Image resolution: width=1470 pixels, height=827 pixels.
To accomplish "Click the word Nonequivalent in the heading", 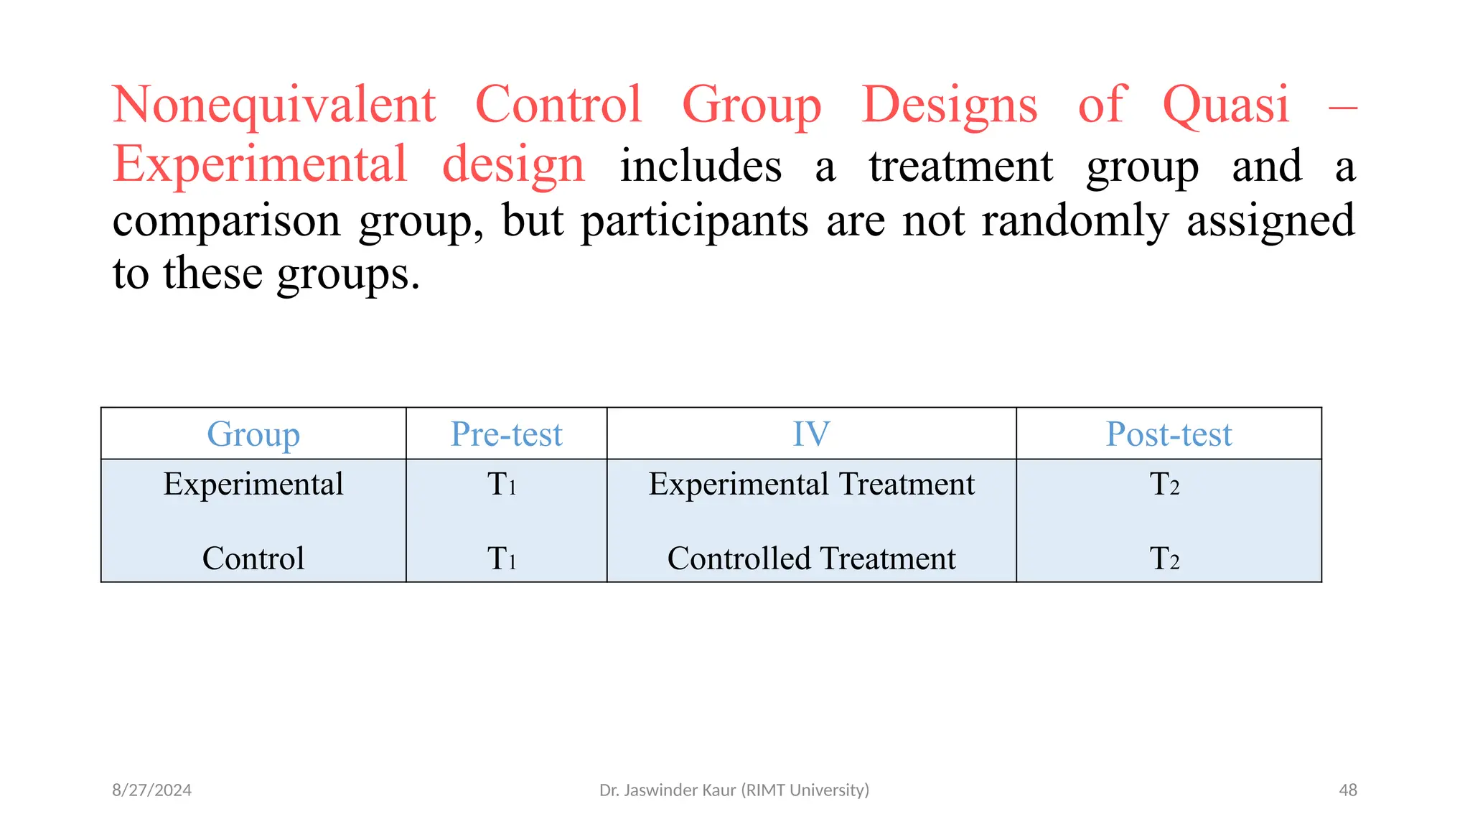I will coord(273,105).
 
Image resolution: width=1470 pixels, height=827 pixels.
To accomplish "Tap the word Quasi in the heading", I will coord(1225,105).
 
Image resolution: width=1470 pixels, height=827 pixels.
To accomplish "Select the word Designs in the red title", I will coord(949,105).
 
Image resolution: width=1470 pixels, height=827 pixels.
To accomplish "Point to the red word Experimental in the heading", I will coord(260,164).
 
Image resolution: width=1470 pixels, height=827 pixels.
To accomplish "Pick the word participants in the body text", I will coord(694,220).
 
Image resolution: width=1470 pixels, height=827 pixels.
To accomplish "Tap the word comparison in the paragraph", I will coord(226,220).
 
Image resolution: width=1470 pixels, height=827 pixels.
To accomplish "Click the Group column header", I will coord(253,434).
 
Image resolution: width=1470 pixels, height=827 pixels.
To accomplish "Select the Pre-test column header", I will coord(506,434).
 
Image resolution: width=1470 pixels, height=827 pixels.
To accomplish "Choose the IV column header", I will coord(811,434).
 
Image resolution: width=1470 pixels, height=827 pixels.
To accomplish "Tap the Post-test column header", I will coord(1169,434).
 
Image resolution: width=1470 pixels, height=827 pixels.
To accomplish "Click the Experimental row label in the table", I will coord(253,484).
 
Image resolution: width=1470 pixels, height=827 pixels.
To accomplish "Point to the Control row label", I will coord(253,559).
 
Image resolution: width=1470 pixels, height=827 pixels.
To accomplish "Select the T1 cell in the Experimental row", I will coord(502,485).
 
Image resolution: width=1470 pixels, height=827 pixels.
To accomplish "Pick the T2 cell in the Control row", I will coord(1164,559).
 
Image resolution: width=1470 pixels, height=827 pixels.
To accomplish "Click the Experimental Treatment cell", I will coord(811,484).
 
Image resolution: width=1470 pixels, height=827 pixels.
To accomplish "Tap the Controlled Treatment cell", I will coord(811,559).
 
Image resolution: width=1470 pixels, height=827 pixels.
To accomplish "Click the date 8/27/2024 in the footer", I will coord(151,790).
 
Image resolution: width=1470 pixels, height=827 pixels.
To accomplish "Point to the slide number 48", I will coord(1347,790).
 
